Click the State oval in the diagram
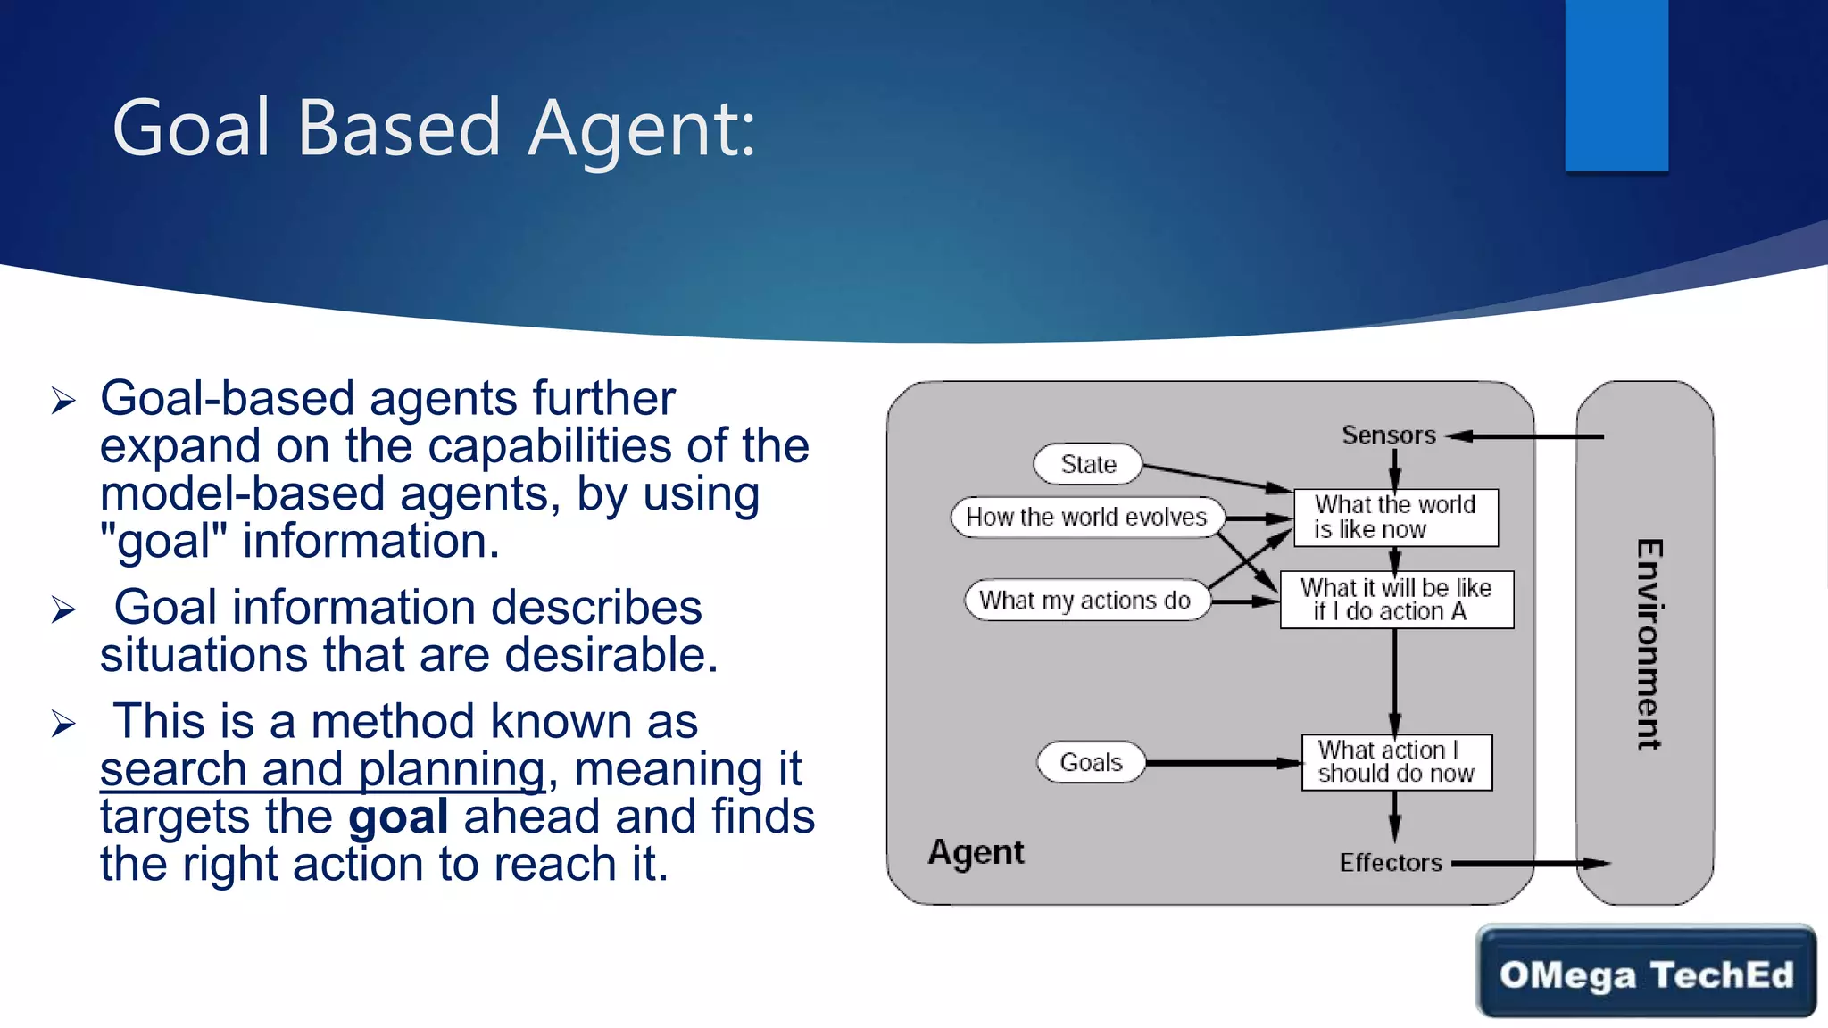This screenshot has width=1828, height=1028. point(1088,464)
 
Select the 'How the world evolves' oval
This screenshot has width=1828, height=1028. point(1086,518)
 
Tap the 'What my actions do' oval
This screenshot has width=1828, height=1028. point(1085,601)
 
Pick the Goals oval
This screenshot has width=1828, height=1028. point(1091,762)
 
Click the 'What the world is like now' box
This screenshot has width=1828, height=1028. point(1395,518)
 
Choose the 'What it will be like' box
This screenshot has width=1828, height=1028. point(1396,600)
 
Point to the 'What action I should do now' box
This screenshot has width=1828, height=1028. point(1396,762)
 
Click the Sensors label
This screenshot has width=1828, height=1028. point(1389,435)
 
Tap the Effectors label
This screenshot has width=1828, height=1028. point(1391,863)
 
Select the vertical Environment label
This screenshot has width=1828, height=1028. point(1649,644)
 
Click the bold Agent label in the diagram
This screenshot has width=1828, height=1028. point(976,852)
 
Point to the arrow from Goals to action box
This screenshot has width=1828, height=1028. point(1223,763)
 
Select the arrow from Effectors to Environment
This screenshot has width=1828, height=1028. point(1530,864)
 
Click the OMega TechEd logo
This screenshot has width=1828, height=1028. point(1646,973)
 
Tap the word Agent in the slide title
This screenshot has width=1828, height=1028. point(641,129)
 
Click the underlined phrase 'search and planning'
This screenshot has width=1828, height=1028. point(322,769)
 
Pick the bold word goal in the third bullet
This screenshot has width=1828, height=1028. point(398,817)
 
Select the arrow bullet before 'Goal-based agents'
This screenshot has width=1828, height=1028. point(63,401)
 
